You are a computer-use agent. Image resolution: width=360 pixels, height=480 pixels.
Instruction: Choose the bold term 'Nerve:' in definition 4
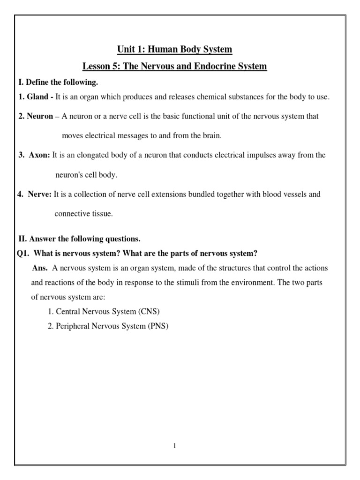click(41, 194)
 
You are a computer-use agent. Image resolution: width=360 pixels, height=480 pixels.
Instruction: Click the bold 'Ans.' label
click(40, 268)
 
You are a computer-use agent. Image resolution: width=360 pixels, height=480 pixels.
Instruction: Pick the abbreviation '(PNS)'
click(157, 326)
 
